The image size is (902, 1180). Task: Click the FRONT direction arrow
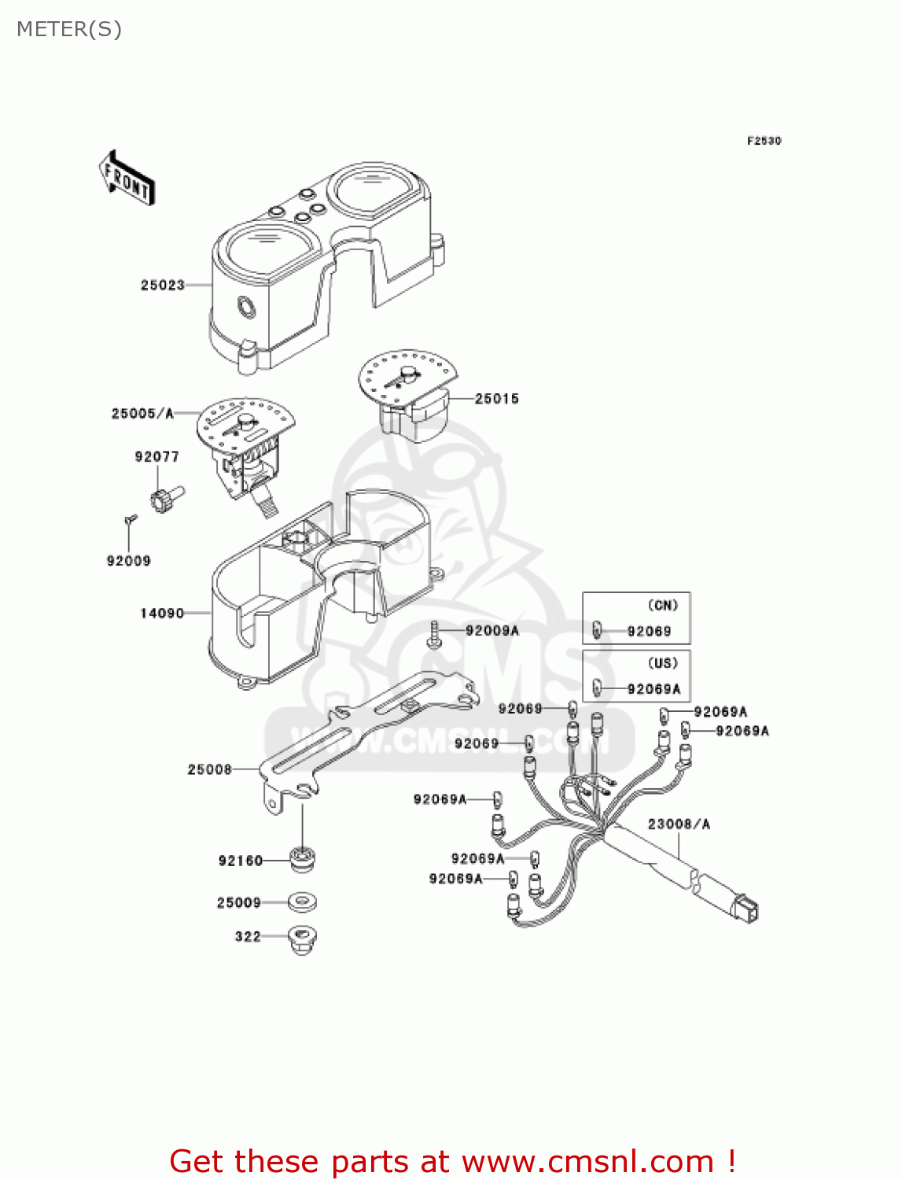pos(127,179)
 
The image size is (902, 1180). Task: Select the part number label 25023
pos(162,285)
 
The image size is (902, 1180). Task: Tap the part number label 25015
pos(496,399)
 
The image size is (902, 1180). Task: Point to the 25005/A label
pos(142,413)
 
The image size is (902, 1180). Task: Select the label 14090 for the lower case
pos(161,613)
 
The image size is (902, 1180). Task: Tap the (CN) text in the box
pos(662,605)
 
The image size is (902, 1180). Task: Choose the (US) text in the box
pos(662,663)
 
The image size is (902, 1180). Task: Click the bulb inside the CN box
pos(597,630)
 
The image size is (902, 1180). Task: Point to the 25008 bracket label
pos(209,769)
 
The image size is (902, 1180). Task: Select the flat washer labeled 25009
pos(302,902)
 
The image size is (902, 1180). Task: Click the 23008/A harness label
pos(679,824)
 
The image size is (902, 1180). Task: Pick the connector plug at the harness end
pos(745,909)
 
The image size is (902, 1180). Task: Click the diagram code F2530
pos(764,141)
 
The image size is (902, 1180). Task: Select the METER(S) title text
pos(69,29)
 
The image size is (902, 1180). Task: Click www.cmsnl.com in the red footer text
pos(587,1161)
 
